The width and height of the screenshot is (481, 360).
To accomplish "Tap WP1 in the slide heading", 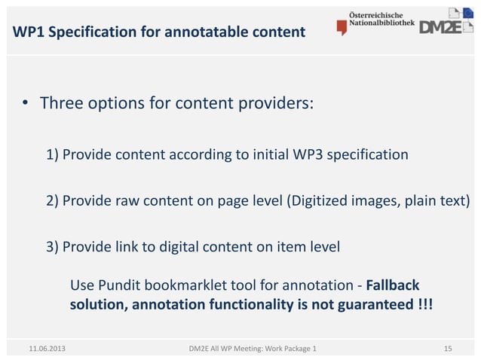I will [x=28, y=32].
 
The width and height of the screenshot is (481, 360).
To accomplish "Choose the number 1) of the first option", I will [x=53, y=155].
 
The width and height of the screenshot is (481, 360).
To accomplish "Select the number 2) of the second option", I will [x=53, y=201].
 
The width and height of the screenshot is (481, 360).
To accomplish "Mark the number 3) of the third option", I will [x=53, y=246].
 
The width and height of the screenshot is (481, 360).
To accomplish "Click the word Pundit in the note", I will [x=115, y=285].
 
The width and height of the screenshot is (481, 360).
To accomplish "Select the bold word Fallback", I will [x=392, y=285].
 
